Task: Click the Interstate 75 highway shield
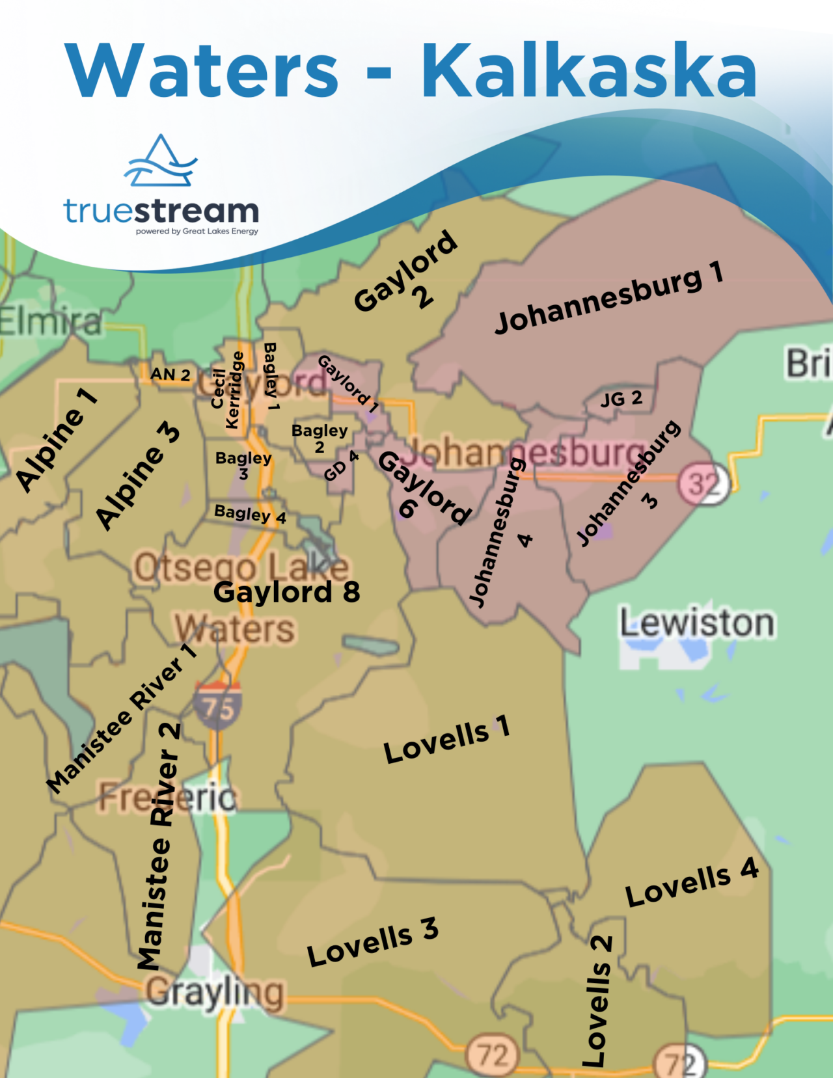pos(217,705)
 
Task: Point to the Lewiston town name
pos(696,623)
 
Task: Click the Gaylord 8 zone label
pos(286,592)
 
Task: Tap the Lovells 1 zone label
pos(446,740)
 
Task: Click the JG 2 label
pos(621,399)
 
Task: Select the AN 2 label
pos(170,375)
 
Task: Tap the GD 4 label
pos(341,465)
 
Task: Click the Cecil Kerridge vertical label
pos(227,390)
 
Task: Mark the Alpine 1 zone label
pos(56,440)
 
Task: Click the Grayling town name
pos(215,993)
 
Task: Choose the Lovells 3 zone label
pos(372,942)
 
